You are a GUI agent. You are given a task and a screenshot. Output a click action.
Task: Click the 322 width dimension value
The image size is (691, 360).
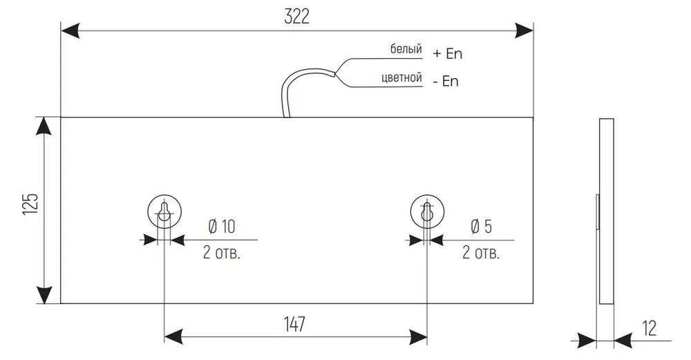(x=297, y=17)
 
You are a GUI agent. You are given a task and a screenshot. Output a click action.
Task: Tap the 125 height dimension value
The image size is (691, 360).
(x=31, y=204)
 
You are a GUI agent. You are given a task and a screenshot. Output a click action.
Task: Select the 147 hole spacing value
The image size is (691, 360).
(x=294, y=324)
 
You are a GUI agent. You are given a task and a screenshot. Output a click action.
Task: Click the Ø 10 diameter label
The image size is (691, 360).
(x=222, y=227)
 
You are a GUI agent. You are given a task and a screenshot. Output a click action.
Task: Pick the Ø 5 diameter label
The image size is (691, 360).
(x=481, y=227)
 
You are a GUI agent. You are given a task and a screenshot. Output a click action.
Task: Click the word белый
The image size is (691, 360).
(x=406, y=49)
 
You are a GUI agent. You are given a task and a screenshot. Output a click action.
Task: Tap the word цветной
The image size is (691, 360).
(x=401, y=78)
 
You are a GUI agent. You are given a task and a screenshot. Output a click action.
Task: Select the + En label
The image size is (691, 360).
(x=447, y=54)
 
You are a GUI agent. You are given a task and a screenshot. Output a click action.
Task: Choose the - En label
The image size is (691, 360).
(x=446, y=82)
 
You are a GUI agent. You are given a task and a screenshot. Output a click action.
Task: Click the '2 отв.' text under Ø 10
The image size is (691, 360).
(x=222, y=253)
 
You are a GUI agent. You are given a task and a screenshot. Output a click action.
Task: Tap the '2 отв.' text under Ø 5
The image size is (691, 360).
(x=481, y=253)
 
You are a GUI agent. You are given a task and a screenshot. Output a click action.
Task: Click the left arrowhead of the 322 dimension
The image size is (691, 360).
(x=70, y=31)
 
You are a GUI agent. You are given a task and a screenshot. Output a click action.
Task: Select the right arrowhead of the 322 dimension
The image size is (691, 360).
(x=524, y=31)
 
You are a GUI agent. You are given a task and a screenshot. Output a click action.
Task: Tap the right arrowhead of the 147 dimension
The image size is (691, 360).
(x=418, y=337)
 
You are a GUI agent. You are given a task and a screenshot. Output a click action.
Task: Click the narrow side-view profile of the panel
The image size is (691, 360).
(x=607, y=211)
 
